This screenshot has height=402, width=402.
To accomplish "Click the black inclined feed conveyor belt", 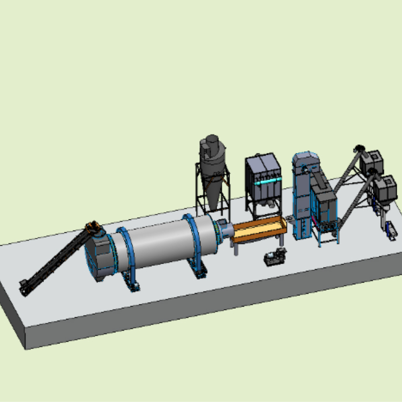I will coord(56,259).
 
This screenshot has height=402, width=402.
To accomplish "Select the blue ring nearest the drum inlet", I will coord(126,253).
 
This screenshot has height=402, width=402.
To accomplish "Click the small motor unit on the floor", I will coord(275,257).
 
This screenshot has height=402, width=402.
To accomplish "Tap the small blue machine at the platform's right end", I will coord(391,231).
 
